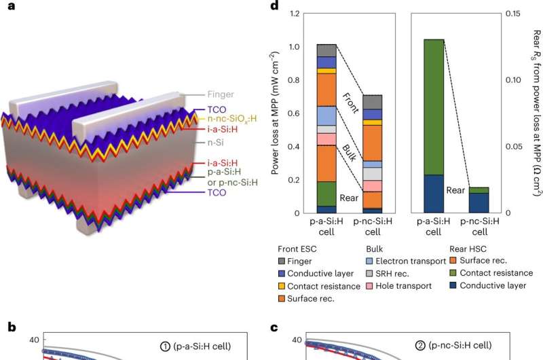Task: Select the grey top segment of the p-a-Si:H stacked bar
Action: point(326,50)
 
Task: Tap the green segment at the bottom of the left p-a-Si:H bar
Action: point(326,194)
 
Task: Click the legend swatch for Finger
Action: point(282,260)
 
